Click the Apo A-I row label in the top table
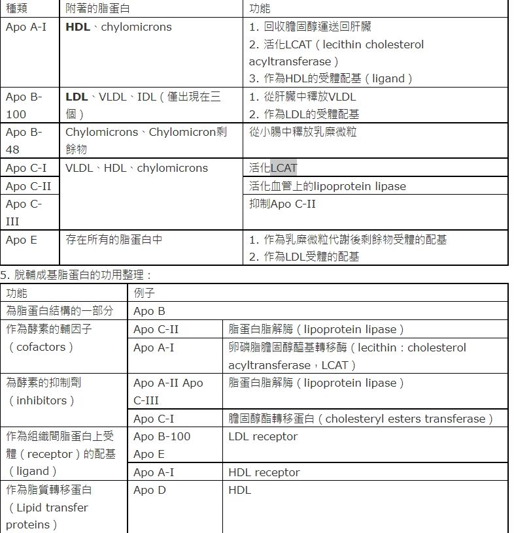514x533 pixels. pos(26,27)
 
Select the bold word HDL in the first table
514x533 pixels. pos(78,27)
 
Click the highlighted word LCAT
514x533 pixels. pos(284,169)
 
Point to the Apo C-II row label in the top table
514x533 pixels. pos(28,186)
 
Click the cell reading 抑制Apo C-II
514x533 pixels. pos(283,204)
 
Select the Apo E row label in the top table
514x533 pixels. pos(22,240)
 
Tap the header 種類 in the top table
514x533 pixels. pos(16,8)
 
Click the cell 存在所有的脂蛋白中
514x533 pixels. pos(114,240)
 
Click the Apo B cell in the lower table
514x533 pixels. pos(149,311)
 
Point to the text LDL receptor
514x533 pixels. pos(263,436)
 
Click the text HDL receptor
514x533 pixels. pos(264,472)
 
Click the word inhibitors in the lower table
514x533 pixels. pos(41,400)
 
